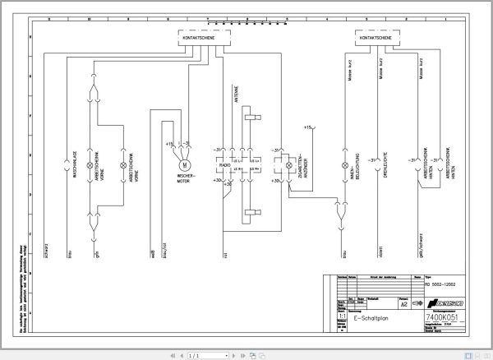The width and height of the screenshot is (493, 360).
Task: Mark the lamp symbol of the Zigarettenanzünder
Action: pyautogui.click(x=288, y=164)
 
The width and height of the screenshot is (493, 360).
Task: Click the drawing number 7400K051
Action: pyautogui.click(x=440, y=316)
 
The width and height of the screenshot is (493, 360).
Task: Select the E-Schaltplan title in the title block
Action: pyautogui.click(x=370, y=317)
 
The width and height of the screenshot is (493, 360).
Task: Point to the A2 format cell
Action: pyautogui.click(x=403, y=304)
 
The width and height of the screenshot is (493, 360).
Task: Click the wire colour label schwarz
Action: pyautogui.click(x=47, y=251)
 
